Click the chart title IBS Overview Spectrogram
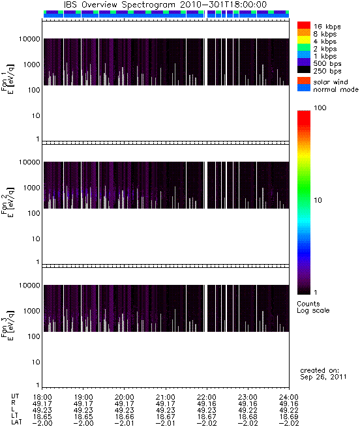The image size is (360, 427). (x=119, y=5)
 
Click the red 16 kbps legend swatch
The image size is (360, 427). (x=304, y=25)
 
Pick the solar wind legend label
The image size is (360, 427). (x=331, y=82)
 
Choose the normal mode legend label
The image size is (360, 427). (x=336, y=89)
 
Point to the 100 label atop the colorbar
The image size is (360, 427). (x=320, y=108)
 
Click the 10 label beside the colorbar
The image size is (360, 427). (x=318, y=200)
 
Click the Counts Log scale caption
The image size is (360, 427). (x=313, y=307)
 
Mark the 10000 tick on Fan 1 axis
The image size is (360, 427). (x=29, y=39)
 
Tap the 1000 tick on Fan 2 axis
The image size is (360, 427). (x=31, y=188)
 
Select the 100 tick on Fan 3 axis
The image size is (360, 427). (x=34, y=336)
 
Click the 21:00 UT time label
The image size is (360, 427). (x=165, y=397)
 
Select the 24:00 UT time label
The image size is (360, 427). (x=289, y=397)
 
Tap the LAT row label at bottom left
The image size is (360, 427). (x=16, y=423)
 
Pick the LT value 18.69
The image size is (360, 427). (x=289, y=417)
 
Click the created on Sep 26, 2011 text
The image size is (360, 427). (x=323, y=374)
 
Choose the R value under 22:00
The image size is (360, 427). (x=207, y=404)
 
